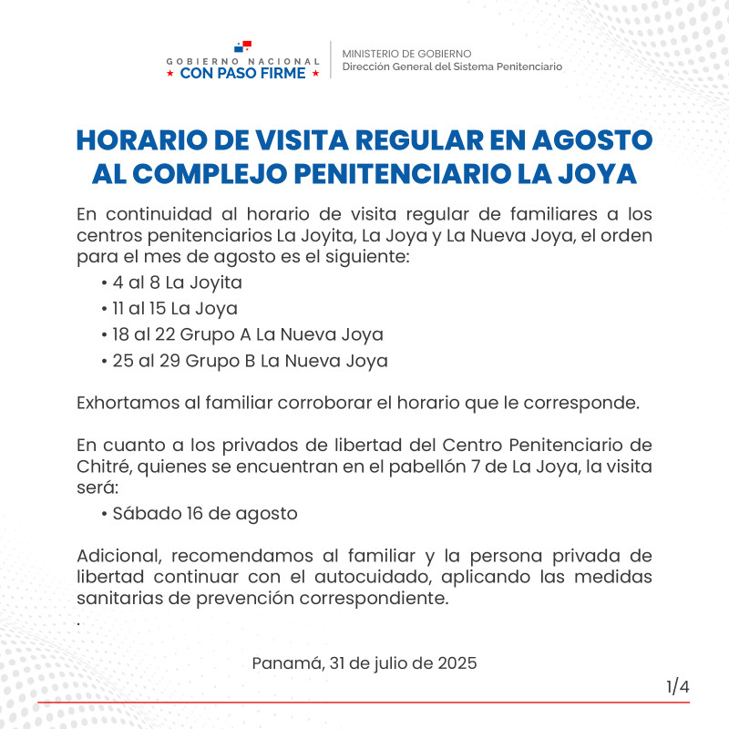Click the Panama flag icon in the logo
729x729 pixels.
pyautogui.click(x=242, y=46)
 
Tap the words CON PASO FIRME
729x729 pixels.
pyautogui.click(x=242, y=74)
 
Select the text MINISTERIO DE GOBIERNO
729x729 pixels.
pyautogui.click(x=406, y=54)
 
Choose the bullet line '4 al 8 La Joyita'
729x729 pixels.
pyautogui.click(x=171, y=282)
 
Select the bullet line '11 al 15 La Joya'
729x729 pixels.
pyautogui.click(x=169, y=308)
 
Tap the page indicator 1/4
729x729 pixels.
pyautogui.click(x=678, y=686)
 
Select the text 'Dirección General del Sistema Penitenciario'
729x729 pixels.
pyautogui.click(x=452, y=67)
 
